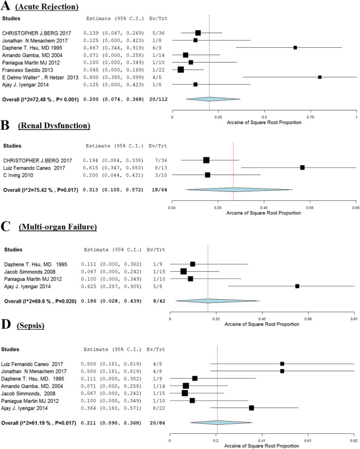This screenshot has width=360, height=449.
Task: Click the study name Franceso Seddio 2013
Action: pyautogui.click(x=30, y=69)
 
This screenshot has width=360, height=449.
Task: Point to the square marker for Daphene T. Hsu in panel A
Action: pyautogui.click(x=295, y=47)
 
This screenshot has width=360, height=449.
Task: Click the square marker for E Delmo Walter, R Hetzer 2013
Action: pyautogui.click(x=320, y=77)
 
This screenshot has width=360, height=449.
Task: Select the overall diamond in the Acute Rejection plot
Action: pyautogui.click(x=209, y=98)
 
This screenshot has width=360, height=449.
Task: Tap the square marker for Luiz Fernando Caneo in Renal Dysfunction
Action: pyautogui.click(x=302, y=167)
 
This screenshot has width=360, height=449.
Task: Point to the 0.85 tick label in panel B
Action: pyautogui.click(x=355, y=209)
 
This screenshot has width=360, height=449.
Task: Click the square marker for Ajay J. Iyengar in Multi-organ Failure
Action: pyautogui.click(x=297, y=286)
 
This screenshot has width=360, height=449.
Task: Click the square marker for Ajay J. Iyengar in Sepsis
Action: pyautogui.click(x=252, y=408)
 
